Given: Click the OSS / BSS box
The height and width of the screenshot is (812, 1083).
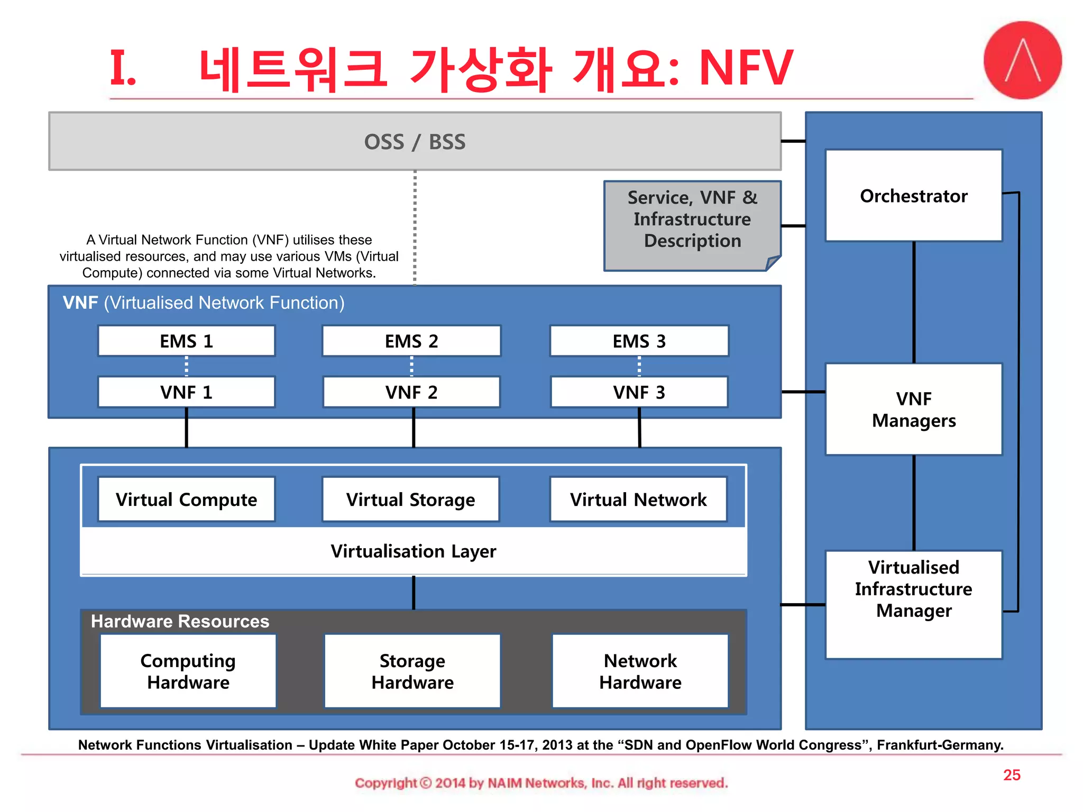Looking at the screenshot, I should click(415, 142).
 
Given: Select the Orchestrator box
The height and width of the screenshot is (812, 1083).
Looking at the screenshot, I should click(913, 196).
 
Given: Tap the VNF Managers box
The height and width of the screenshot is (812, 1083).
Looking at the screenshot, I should click(913, 409).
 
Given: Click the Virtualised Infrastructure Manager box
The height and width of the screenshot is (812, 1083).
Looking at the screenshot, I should click(913, 604).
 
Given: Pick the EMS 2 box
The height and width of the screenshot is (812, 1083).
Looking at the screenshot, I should click(411, 341).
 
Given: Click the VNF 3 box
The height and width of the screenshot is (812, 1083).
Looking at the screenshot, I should click(639, 392).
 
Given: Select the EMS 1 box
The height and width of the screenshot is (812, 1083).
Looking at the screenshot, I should click(186, 341).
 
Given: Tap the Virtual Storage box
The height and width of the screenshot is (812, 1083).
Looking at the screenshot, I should click(410, 500).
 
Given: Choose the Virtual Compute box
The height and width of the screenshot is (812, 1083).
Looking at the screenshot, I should click(186, 500).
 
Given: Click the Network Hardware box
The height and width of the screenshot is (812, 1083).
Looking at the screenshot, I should click(640, 671).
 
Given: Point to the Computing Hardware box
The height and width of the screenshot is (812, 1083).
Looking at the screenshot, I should click(188, 671).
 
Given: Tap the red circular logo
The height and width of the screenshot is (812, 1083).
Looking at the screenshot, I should click(1022, 60).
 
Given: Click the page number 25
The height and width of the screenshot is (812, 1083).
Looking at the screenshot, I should click(1012, 775).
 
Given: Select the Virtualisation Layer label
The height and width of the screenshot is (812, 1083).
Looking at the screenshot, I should click(413, 551).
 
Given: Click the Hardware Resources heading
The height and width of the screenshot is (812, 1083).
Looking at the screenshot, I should click(180, 621).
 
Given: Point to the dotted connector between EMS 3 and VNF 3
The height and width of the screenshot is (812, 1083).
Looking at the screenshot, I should click(639, 366).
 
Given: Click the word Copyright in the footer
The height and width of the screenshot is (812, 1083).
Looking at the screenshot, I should click(386, 783).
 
